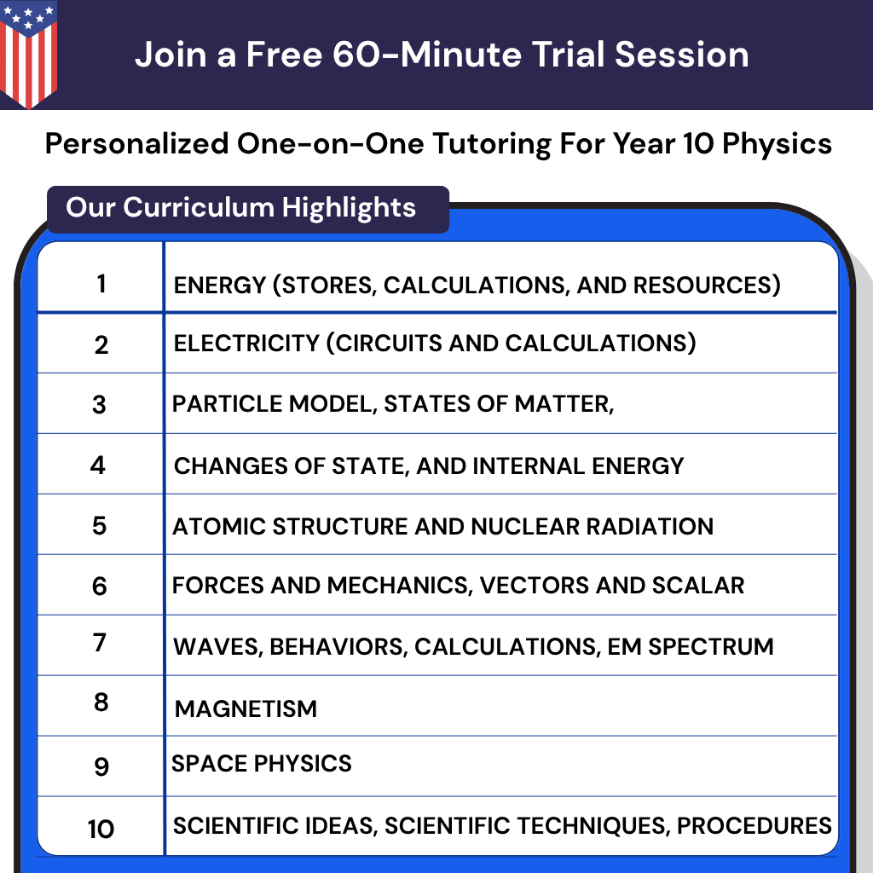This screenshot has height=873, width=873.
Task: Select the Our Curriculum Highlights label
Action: [x=241, y=207]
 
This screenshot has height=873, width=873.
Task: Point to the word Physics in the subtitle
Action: [x=777, y=143]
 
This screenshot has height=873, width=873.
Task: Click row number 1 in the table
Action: [x=101, y=283]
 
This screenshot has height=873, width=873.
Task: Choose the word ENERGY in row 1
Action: [x=218, y=285]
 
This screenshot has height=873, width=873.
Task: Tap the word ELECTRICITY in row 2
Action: [x=246, y=343]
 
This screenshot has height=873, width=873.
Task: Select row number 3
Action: [x=100, y=404]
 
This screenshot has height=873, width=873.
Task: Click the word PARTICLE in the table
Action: [x=217, y=404]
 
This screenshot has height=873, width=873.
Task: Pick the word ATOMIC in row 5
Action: [x=211, y=526]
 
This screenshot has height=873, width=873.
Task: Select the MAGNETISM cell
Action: [x=246, y=708]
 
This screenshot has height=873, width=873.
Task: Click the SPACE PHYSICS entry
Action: [x=262, y=763]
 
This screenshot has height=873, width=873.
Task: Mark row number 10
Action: [x=101, y=828]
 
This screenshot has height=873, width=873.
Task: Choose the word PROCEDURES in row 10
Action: [x=754, y=825]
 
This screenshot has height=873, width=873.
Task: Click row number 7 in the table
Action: [x=100, y=642]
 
